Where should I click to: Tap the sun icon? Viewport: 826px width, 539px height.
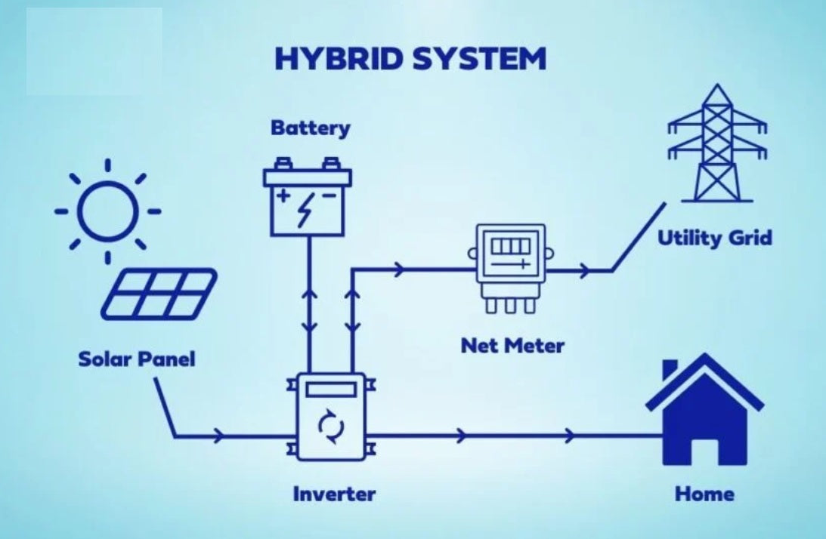pos(108,212)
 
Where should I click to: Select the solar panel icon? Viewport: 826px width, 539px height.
pos(159,294)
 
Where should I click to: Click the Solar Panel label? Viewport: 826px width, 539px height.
pos(137,359)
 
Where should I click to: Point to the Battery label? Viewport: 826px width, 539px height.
pos(311,128)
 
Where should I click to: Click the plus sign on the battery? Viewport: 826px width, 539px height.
pos(284,196)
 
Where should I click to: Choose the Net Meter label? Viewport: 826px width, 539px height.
pos(512,346)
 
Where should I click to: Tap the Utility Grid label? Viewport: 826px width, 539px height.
pos(714,239)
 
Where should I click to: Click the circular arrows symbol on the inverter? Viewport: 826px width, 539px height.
pos(331,427)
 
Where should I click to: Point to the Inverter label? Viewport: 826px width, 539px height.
pos(334,494)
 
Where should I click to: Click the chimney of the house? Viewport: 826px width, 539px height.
pos(670,371)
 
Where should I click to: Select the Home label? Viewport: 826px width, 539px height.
pos(704,494)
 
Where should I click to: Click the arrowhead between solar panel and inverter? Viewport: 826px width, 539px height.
pos(218,436)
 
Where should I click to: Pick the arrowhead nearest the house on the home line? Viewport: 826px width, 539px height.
pos(569,435)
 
